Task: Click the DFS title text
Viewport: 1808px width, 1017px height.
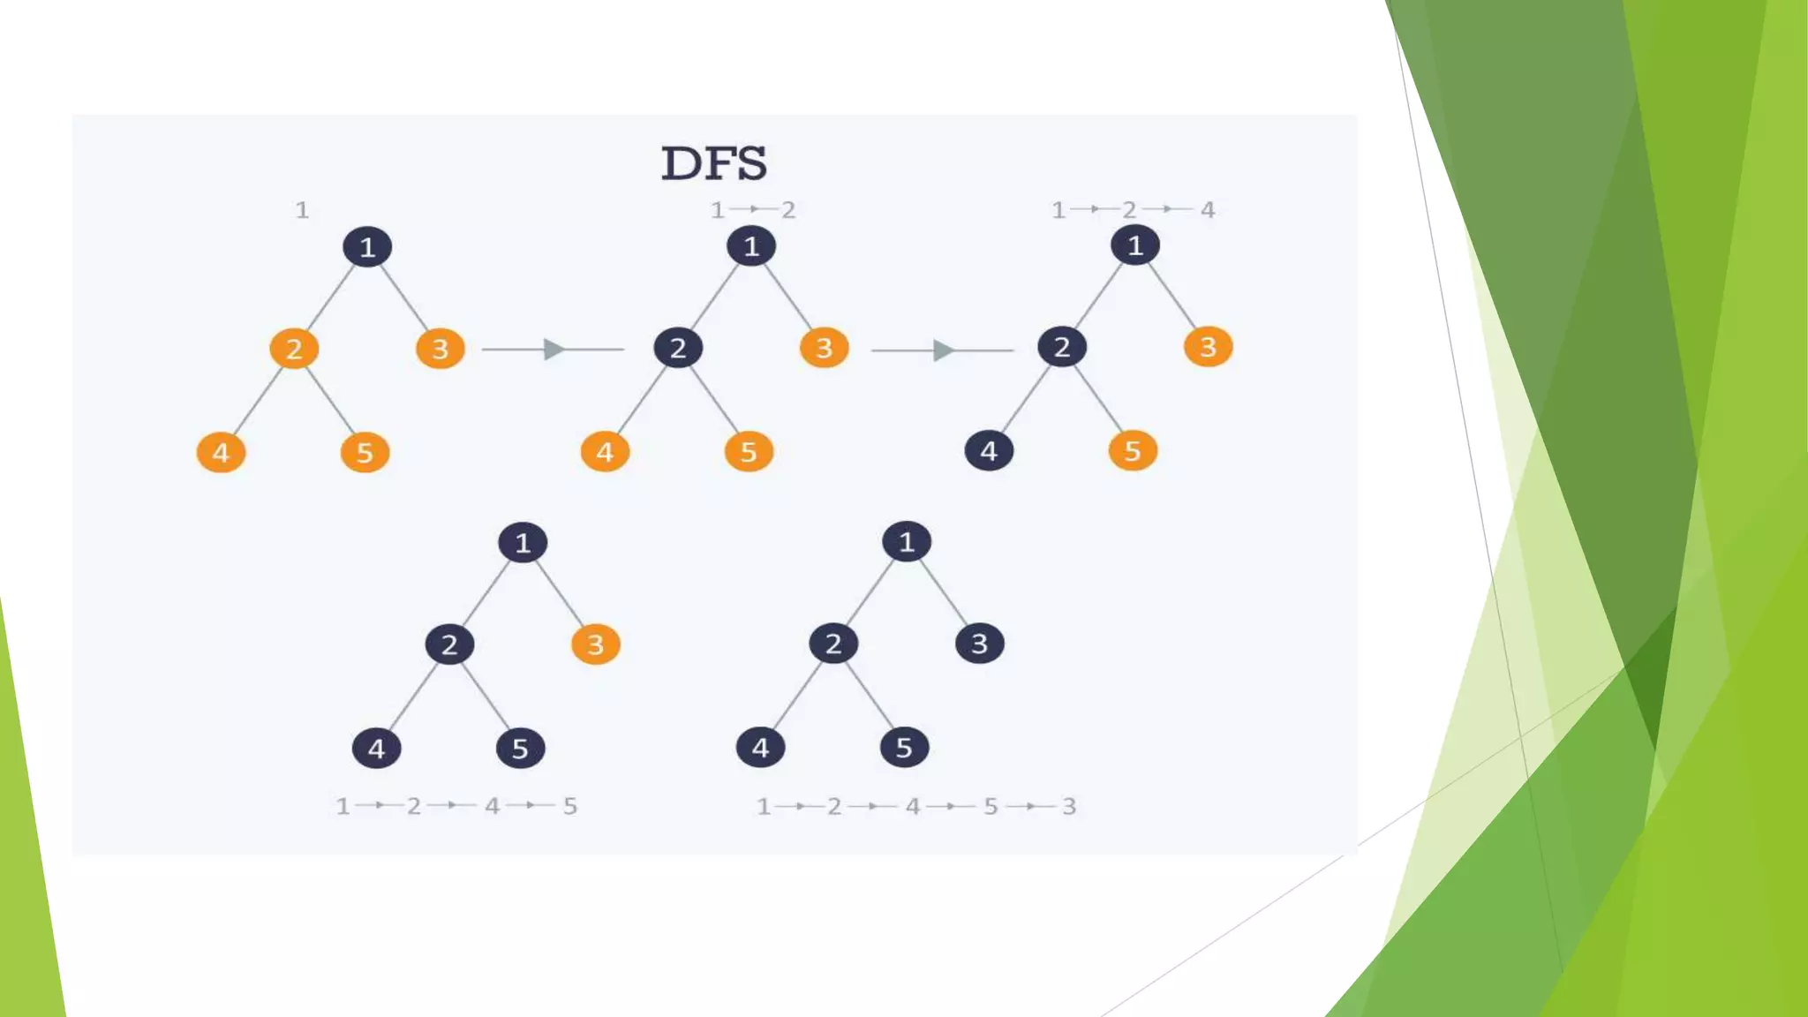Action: (714, 163)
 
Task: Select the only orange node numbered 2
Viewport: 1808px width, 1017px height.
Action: (294, 349)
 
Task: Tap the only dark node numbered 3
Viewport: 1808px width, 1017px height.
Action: (979, 644)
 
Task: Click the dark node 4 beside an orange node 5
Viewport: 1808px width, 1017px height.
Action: (989, 451)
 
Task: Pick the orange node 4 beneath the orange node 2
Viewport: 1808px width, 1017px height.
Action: (221, 453)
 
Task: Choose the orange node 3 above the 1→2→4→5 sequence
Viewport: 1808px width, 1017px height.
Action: (596, 644)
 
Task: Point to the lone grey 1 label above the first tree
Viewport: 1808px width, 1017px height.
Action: (302, 210)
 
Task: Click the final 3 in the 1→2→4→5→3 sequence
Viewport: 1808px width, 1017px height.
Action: (1069, 806)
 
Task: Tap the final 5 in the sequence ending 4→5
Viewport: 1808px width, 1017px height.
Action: (570, 806)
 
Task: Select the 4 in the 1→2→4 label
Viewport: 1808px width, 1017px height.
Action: (1208, 210)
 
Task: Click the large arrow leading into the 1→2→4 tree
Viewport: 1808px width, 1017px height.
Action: (943, 350)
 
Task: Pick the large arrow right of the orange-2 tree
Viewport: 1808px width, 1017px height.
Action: (554, 350)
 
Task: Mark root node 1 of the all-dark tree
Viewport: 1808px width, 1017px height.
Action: (907, 542)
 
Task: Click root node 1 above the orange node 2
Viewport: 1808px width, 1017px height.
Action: (367, 247)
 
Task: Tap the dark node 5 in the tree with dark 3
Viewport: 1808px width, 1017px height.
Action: (904, 748)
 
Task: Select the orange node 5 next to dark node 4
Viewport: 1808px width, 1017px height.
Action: (1133, 451)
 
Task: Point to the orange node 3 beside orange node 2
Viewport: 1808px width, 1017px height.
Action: (440, 349)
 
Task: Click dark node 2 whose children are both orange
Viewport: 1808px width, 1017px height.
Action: (678, 348)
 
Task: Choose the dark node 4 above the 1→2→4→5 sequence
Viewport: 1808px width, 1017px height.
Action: (377, 749)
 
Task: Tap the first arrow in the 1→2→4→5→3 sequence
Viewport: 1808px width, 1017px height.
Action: (799, 806)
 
